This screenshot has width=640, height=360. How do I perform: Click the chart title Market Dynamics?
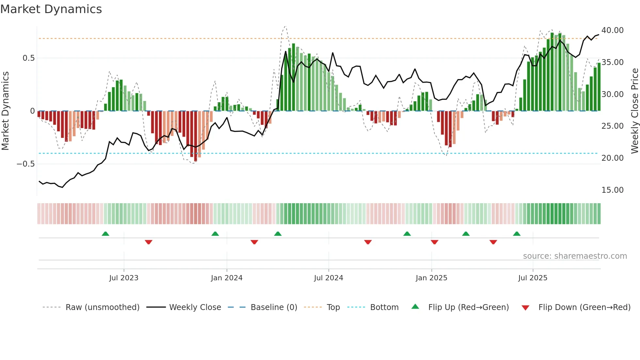pos(51,9)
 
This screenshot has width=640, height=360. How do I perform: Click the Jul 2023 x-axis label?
pos(124,278)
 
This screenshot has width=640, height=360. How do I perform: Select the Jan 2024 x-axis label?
pos(227,278)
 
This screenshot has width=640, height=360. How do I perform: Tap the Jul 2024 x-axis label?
pos(328,278)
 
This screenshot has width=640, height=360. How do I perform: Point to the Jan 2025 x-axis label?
pos(431,278)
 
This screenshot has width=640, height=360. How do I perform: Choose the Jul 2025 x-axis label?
pos(533,278)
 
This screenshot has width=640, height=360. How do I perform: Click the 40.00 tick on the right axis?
pos(612,30)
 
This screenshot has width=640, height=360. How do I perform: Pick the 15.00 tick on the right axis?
pos(612,190)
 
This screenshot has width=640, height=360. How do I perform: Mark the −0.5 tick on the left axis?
pos(26,164)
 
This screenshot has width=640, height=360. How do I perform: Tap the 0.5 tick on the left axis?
pos(29,58)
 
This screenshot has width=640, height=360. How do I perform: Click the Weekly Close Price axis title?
pos(634,111)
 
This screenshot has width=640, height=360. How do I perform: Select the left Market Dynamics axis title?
pos(5,111)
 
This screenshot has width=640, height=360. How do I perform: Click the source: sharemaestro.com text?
pos(575,256)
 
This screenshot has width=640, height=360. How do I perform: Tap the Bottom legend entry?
pos(384,307)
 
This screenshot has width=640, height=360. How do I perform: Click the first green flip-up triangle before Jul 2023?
pos(105,234)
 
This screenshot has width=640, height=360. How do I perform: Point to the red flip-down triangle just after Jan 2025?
pos(434,242)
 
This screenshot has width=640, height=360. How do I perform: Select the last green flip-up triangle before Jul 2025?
pos(517,234)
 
